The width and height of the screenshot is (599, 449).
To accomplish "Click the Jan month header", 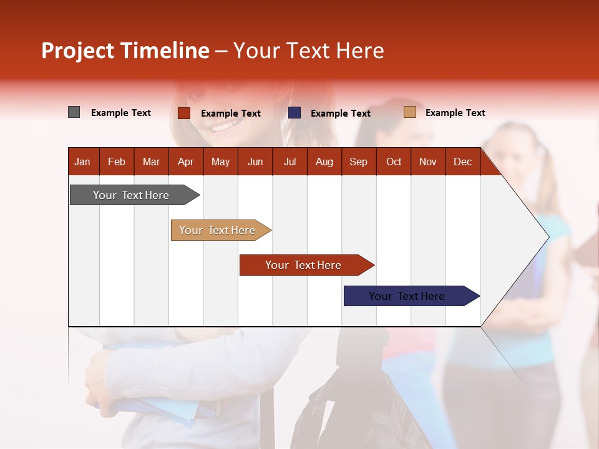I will [82, 162].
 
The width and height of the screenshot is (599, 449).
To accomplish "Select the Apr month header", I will [185, 162].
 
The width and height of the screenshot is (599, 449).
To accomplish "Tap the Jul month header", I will [290, 162].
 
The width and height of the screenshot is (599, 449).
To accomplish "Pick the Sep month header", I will [358, 162].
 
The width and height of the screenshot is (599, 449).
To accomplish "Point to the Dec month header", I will [462, 162].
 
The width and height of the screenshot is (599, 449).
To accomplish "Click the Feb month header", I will [117, 162].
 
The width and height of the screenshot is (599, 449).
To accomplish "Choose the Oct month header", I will [394, 162].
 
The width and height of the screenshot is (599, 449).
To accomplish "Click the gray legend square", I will [74, 112].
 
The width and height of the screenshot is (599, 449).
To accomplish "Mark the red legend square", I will [184, 113].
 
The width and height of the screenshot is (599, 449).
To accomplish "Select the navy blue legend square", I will [295, 113].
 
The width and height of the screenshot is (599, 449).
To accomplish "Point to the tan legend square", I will [410, 112].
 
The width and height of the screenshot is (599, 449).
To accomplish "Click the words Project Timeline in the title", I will [125, 51].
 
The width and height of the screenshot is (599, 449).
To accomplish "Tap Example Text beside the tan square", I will [455, 113].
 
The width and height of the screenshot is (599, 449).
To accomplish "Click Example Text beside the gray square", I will [121, 113].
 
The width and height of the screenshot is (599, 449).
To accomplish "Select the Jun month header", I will [255, 162].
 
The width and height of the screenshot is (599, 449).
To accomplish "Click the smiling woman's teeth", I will [222, 127].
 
